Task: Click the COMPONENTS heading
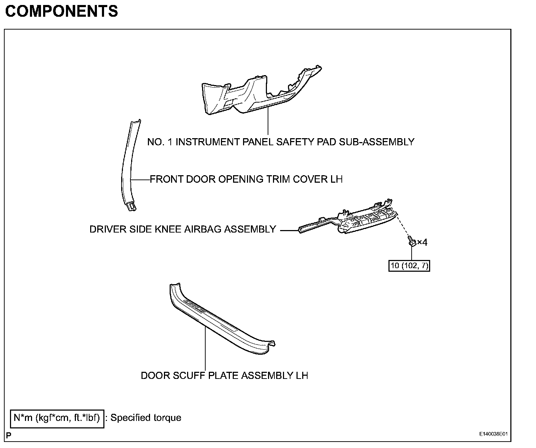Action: [x=62, y=11]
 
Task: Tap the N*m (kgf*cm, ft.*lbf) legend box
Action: [x=57, y=418]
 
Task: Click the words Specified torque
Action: [x=146, y=418]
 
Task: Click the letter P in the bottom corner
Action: [x=9, y=435]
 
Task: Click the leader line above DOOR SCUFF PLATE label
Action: [x=206, y=349]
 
